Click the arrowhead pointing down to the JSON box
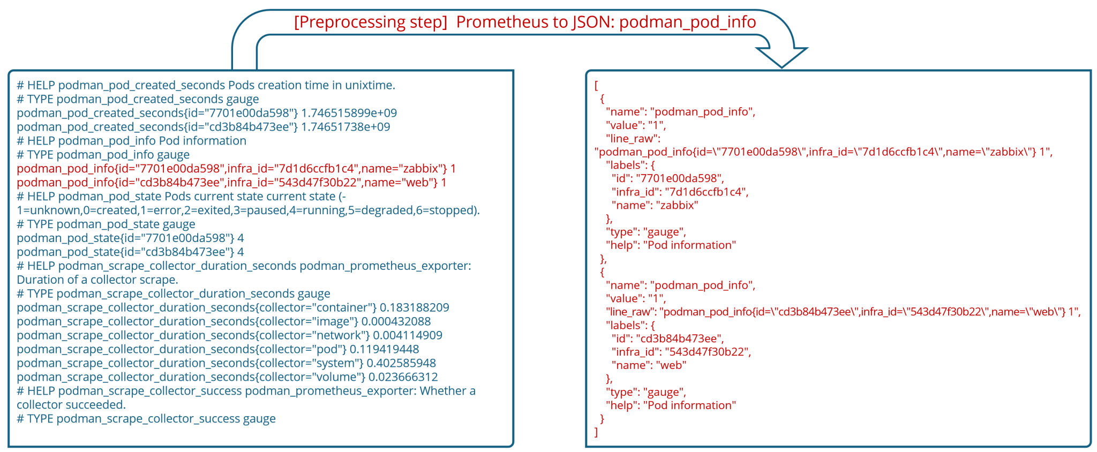782,56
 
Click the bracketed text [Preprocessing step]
370,22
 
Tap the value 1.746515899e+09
349,113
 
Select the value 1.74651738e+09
345,127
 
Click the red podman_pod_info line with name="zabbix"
236,169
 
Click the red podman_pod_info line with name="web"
231,183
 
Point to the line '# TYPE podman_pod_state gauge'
106,224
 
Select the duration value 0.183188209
414,307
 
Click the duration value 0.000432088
396,321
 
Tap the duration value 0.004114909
408,335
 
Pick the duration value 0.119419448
384,349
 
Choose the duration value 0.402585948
401,363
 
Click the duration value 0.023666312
403,377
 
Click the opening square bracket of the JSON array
596,85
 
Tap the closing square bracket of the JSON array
596,432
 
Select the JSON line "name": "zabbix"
655,205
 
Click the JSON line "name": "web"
649,365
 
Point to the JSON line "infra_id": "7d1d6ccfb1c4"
680,192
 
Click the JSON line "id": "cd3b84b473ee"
667,338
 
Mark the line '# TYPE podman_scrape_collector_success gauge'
146,419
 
